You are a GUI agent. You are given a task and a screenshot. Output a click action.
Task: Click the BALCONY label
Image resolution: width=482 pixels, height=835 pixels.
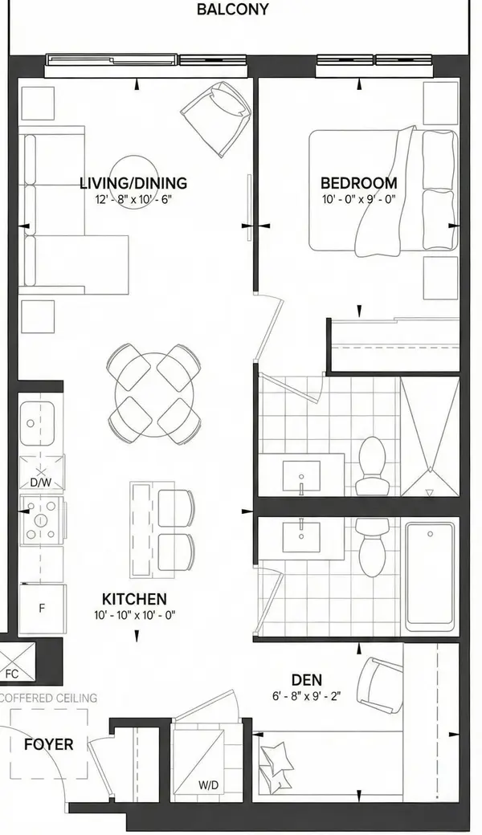click(x=232, y=10)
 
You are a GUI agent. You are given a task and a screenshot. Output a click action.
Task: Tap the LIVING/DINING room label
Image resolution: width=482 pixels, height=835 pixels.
click(x=133, y=183)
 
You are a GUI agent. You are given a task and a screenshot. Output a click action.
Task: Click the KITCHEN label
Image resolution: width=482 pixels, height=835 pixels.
click(x=134, y=599)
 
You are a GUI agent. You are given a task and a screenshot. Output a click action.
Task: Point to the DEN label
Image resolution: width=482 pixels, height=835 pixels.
click(x=306, y=679)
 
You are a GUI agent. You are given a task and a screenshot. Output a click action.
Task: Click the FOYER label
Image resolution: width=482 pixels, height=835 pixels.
click(x=48, y=744)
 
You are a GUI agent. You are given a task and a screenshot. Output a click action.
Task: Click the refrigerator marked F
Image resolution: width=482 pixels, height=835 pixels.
click(x=42, y=608)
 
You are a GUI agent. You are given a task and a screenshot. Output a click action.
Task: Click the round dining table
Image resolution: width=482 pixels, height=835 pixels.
click(x=153, y=393)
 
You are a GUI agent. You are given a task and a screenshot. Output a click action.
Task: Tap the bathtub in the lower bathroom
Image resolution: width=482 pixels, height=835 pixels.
click(x=430, y=576)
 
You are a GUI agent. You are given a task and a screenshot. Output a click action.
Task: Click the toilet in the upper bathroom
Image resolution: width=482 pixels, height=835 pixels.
click(x=372, y=466)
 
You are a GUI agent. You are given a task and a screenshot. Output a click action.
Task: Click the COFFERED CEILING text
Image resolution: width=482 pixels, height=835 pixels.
click(x=49, y=698)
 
